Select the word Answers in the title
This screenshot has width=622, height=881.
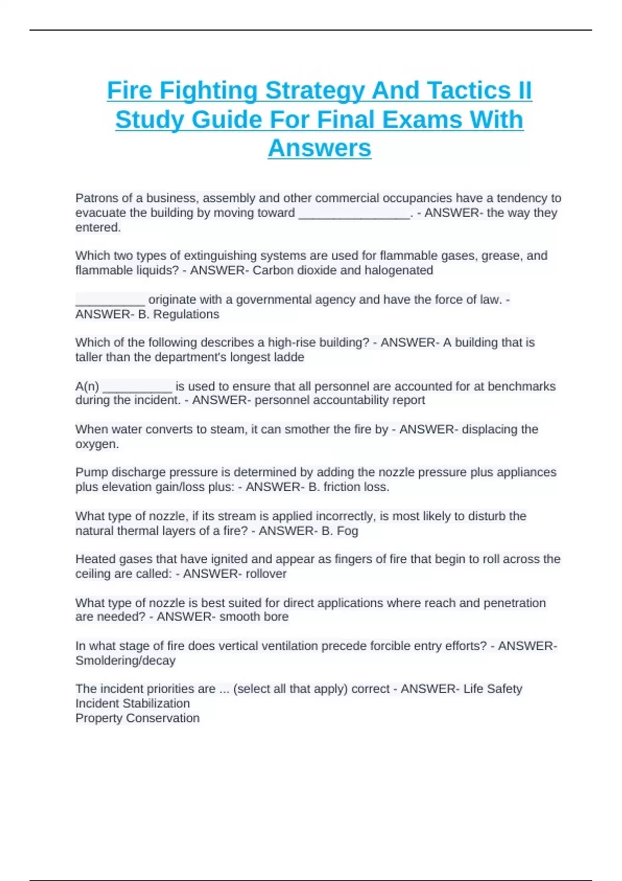319,148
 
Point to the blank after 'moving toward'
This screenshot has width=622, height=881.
354,213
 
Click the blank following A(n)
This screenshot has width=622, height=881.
137,386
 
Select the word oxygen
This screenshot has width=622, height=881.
96,444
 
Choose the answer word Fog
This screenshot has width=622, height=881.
347,531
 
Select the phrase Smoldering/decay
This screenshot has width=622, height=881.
125,660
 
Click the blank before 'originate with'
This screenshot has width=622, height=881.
110,300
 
